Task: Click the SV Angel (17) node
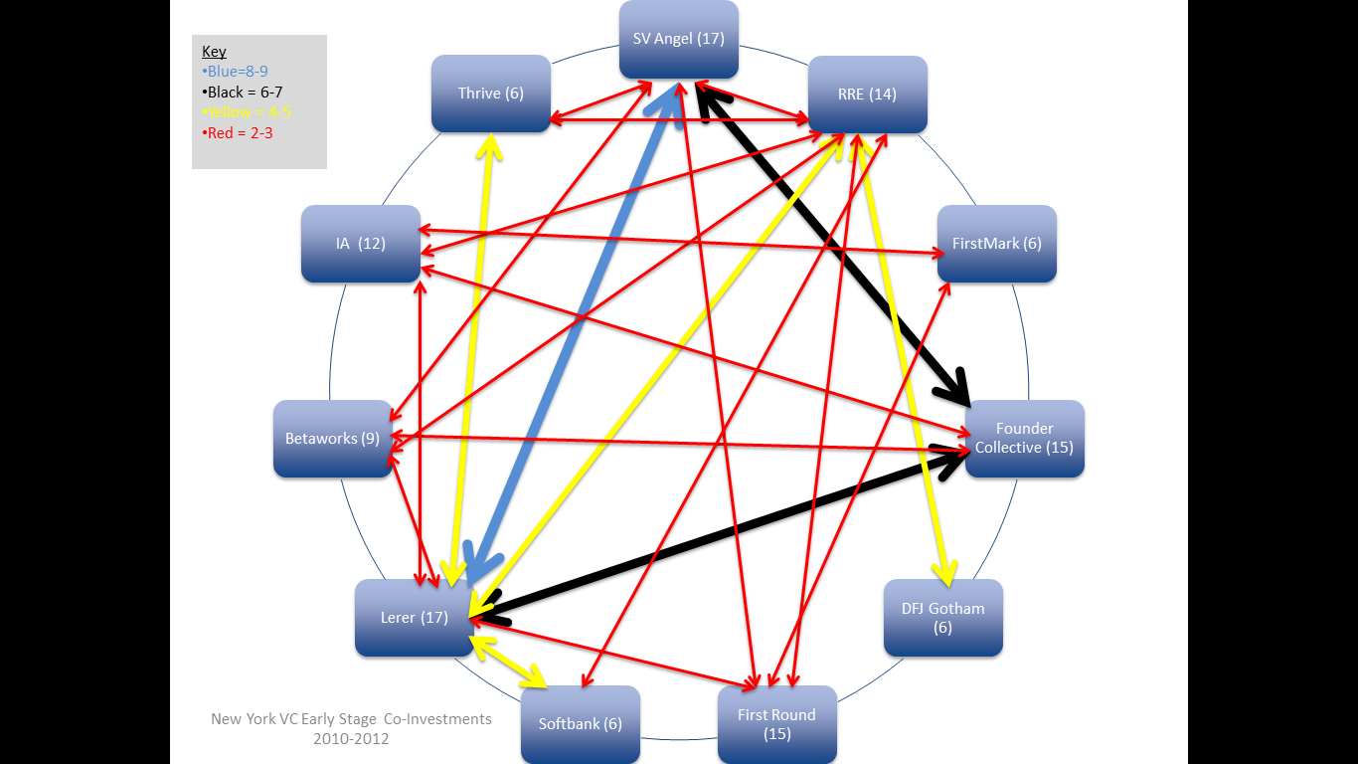(678, 39)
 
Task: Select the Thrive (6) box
(490, 94)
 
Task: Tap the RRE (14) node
(867, 95)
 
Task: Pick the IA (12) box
(360, 243)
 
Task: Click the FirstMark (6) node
(996, 243)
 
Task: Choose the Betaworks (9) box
(332, 439)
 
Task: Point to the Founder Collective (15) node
(1024, 439)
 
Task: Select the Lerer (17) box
(414, 618)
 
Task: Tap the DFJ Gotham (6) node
(942, 618)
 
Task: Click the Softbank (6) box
(580, 724)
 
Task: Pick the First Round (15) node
(776, 724)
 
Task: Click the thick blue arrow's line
(572, 338)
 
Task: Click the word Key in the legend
(214, 52)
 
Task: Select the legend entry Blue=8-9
(238, 72)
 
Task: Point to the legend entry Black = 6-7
(245, 92)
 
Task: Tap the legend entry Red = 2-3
(240, 132)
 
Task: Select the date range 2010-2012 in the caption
(351, 739)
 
